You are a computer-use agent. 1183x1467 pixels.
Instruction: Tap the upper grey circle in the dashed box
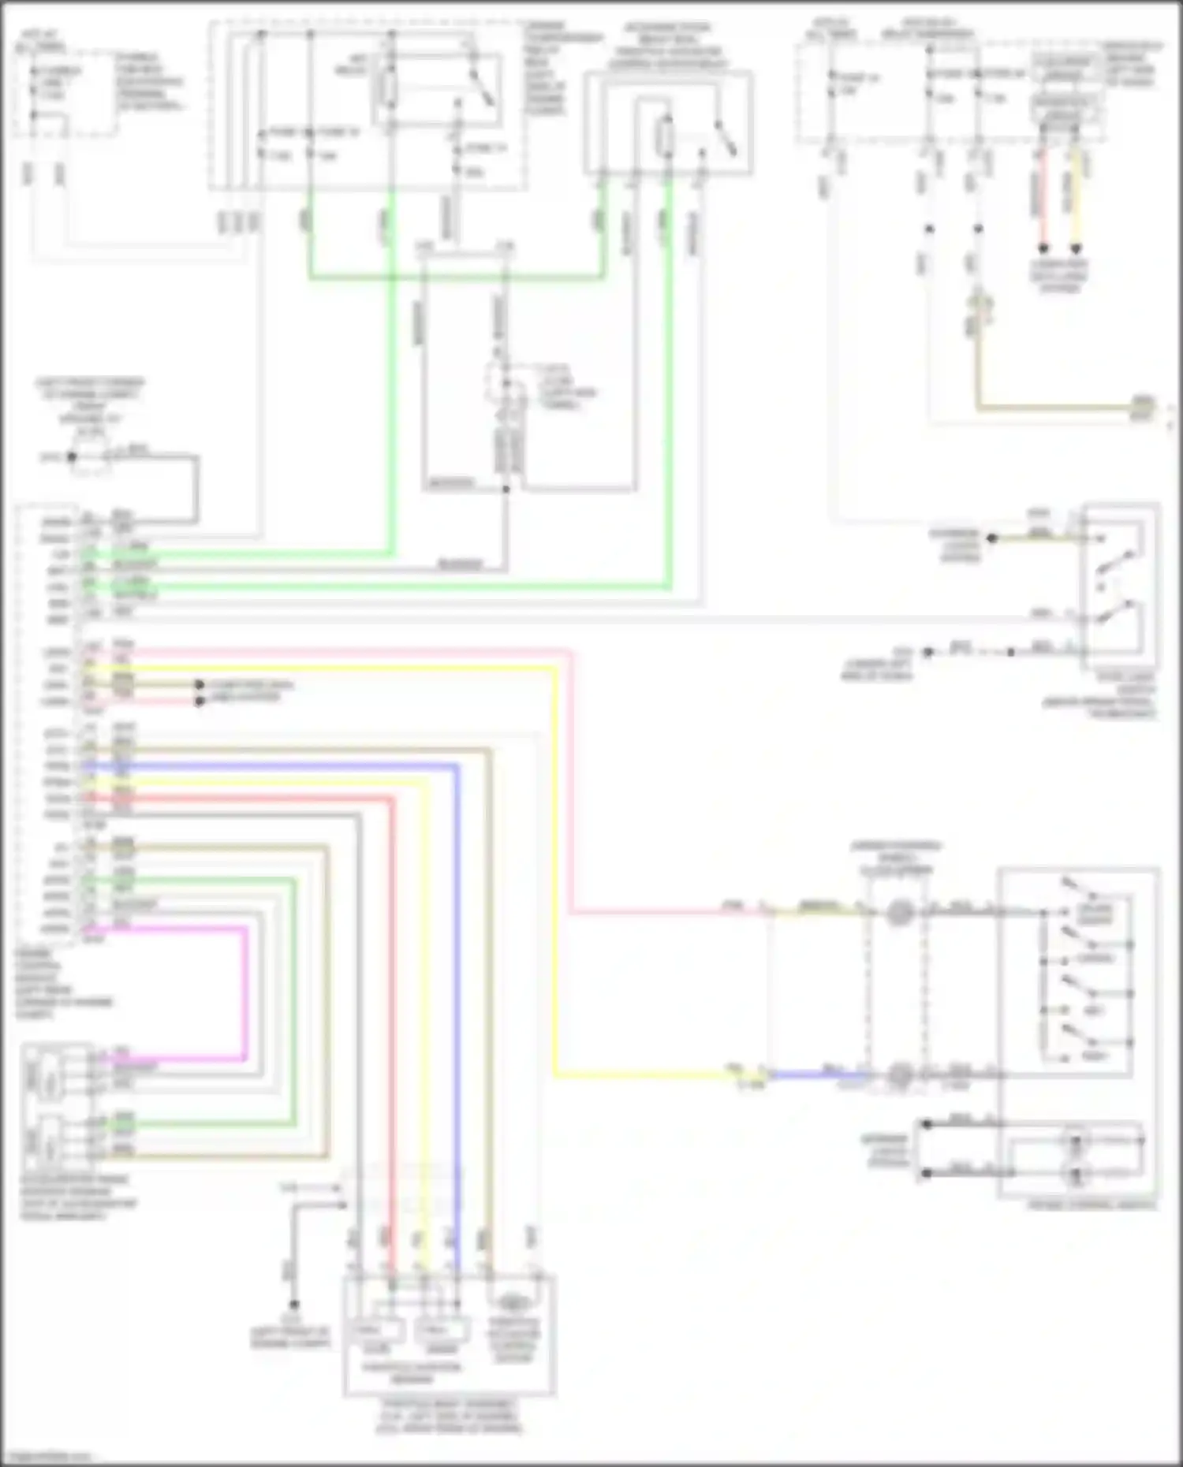coord(899,913)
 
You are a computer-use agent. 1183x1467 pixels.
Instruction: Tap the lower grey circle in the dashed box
coord(900,1074)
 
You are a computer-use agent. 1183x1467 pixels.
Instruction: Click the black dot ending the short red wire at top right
coord(1043,248)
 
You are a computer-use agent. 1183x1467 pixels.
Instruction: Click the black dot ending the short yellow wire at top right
coord(1075,248)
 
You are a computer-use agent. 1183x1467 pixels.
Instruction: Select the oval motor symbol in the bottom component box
coord(513,1302)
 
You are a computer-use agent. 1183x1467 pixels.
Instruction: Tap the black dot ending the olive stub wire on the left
coord(200,685)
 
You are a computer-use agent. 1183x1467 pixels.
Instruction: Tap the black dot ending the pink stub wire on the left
coord(200,701)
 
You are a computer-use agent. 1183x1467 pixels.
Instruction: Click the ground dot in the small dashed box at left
coord(72,456)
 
